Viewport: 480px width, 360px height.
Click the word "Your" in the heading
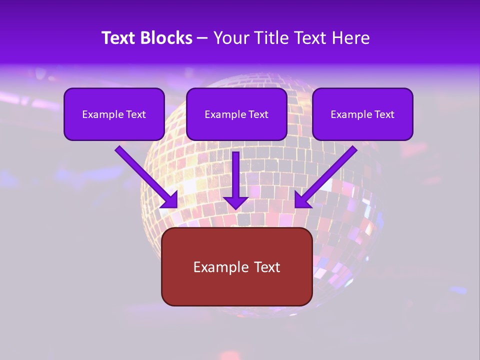click(x=230, y=38)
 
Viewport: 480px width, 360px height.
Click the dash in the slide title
click(x=202, y=38)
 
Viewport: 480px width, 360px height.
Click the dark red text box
click(x=236, y=290)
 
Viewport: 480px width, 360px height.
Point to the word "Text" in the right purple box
click(x=383, y=114)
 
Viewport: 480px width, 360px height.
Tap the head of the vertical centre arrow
click(x=236, y=202)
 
